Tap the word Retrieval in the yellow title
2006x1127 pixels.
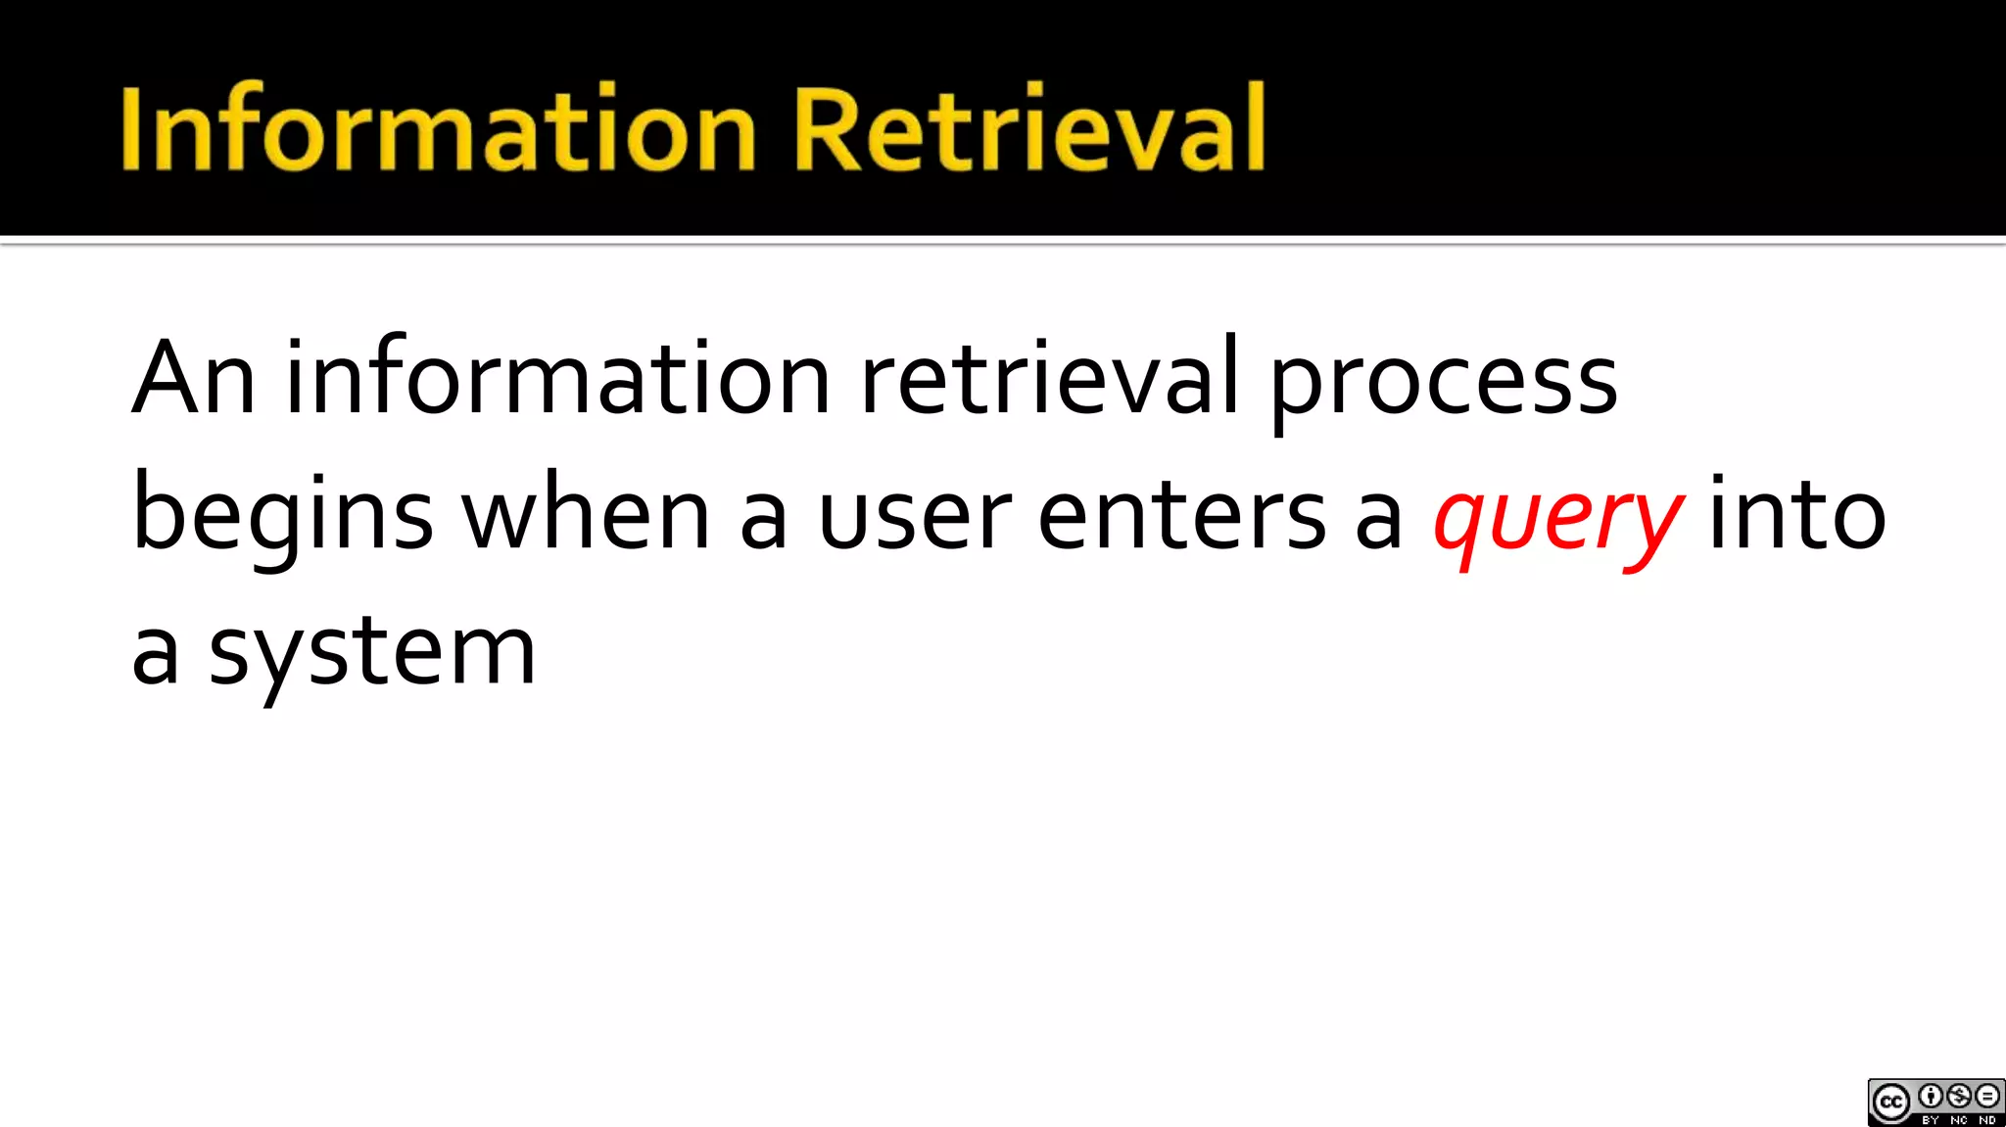[1028, 128]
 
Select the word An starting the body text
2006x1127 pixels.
[194, 379]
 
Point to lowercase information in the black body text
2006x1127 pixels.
[557, 379]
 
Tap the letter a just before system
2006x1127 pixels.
[156, 654]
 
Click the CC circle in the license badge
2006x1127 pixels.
[1891, 1104]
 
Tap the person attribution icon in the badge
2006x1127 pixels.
[1931, 1096]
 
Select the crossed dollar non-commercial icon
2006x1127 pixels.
[1959, 1096]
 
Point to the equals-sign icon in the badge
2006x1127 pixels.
[1987, 1096]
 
